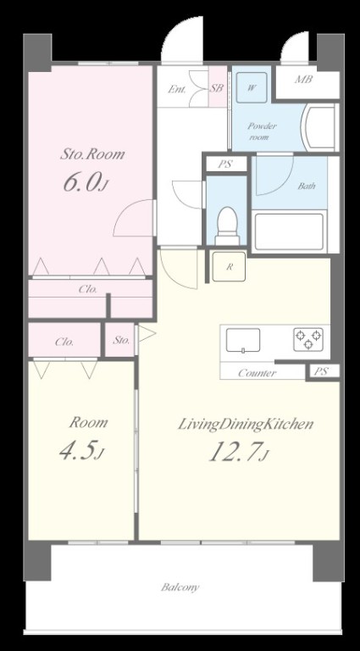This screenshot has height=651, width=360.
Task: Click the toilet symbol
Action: (x=227, y=226)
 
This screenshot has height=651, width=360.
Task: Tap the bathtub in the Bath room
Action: (x=289, y=231)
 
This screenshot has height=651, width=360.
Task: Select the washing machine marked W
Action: (x=252, y=87)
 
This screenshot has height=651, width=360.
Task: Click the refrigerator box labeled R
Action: (x=229, y=266)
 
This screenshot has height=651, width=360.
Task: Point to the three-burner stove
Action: (x=308, y=339)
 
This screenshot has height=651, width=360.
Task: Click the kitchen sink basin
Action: (x=243, y=341)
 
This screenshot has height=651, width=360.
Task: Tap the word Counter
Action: (x=258, y=373)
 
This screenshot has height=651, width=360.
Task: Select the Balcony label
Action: (x=180, y=587)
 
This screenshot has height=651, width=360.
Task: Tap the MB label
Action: (x=303, y=80)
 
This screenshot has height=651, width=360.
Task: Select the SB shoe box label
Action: (x=216, y=88)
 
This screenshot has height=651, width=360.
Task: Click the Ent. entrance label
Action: (x=177, y=89)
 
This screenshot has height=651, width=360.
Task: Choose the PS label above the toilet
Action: (x=225, y=164)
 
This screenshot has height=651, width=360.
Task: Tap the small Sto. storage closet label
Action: (x=121, y=341)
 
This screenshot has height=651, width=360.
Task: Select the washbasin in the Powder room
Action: (x=318, y=127)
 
